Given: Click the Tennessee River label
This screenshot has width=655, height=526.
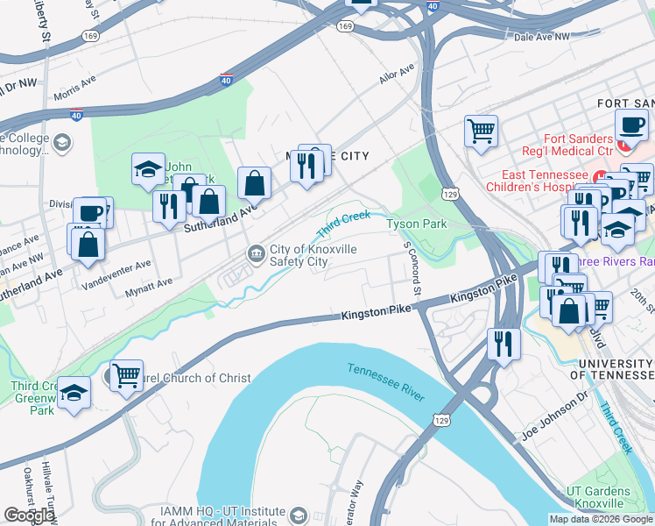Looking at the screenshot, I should coord(386,382).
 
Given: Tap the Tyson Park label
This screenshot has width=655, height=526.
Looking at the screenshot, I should coord(417,224).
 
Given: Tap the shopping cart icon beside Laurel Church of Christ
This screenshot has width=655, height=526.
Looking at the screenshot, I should coord(126,376).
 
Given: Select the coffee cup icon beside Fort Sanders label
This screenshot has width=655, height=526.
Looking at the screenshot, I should coord(631,124).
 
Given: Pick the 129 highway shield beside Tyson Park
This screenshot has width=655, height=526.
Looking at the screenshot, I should coord(450,193).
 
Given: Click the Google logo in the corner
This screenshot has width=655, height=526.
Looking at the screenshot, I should coord(30,515).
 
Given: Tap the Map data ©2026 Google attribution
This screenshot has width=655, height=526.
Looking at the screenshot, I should coord(600,519).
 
